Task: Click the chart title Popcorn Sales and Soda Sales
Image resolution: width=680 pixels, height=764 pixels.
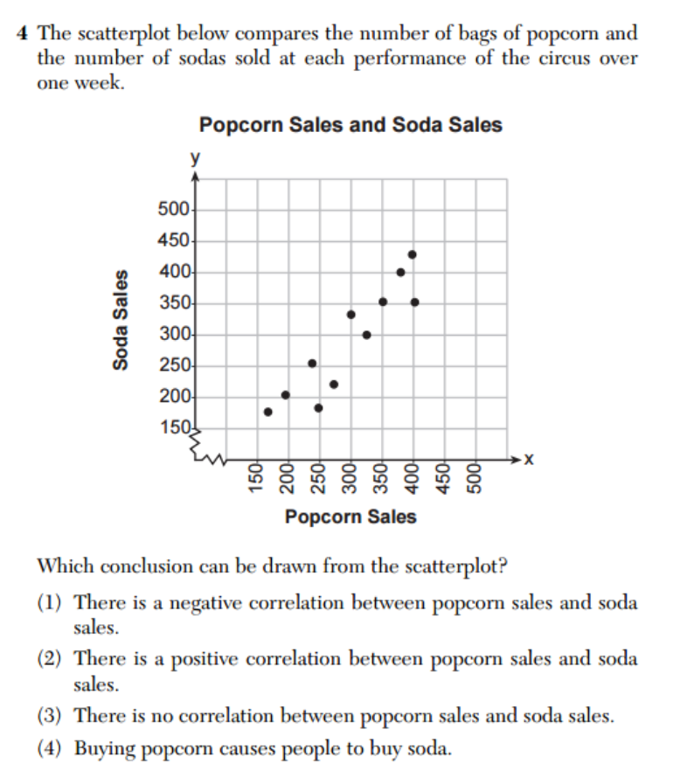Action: click(350, 125)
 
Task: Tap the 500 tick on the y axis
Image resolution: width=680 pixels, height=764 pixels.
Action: click(174, 210)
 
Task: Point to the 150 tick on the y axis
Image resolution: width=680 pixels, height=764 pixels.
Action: click(174, 428)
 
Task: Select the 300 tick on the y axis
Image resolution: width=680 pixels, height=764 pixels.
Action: click(174, 335)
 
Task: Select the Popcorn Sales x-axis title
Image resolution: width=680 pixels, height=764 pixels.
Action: click(350, 517)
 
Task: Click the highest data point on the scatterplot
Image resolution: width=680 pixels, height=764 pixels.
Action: click(413, 254)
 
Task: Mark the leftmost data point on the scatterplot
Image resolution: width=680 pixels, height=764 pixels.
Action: click(267, 412)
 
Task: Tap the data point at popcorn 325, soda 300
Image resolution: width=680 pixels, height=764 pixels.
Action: click(366, 335)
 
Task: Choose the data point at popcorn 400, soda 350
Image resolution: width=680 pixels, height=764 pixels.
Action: click(414, 302)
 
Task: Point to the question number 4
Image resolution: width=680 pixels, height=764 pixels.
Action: click(22, 34)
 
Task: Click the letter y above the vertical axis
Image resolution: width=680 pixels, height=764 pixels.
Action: click(196, 160)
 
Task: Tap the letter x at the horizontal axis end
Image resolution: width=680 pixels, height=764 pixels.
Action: click(528, 459)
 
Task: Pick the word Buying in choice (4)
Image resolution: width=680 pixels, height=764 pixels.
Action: click(103, 749)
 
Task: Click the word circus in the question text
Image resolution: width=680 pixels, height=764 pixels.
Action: click(556, 59)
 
